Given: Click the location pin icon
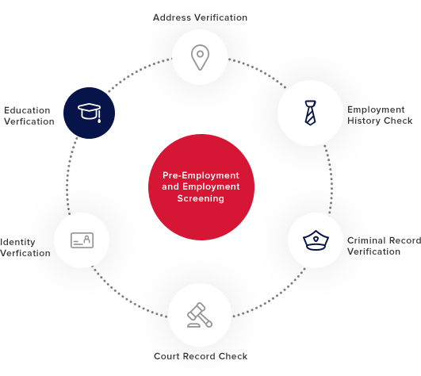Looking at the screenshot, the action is [200, 57].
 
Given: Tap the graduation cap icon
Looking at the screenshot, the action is [89, 113].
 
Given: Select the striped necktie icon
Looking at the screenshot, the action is [310, 113].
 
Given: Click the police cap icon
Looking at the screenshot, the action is [316, 240].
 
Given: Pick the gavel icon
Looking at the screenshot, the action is [200, 315].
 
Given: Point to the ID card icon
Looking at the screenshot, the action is [82, 240].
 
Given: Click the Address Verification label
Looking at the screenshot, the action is [200, 17].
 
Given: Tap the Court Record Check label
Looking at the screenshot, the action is [201, 356].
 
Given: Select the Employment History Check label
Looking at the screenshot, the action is [380, 115].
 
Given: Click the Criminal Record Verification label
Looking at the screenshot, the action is [384, 246].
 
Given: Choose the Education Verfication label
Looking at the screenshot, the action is [29, 116].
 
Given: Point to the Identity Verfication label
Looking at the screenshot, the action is [25, 247].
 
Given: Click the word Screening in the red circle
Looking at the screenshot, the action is [201, 198].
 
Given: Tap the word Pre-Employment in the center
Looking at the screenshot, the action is [201, 175].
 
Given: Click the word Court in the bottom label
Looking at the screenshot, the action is [166, 356].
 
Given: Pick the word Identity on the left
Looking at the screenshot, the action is [17, 242].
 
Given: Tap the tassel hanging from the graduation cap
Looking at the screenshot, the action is [99, 117].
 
